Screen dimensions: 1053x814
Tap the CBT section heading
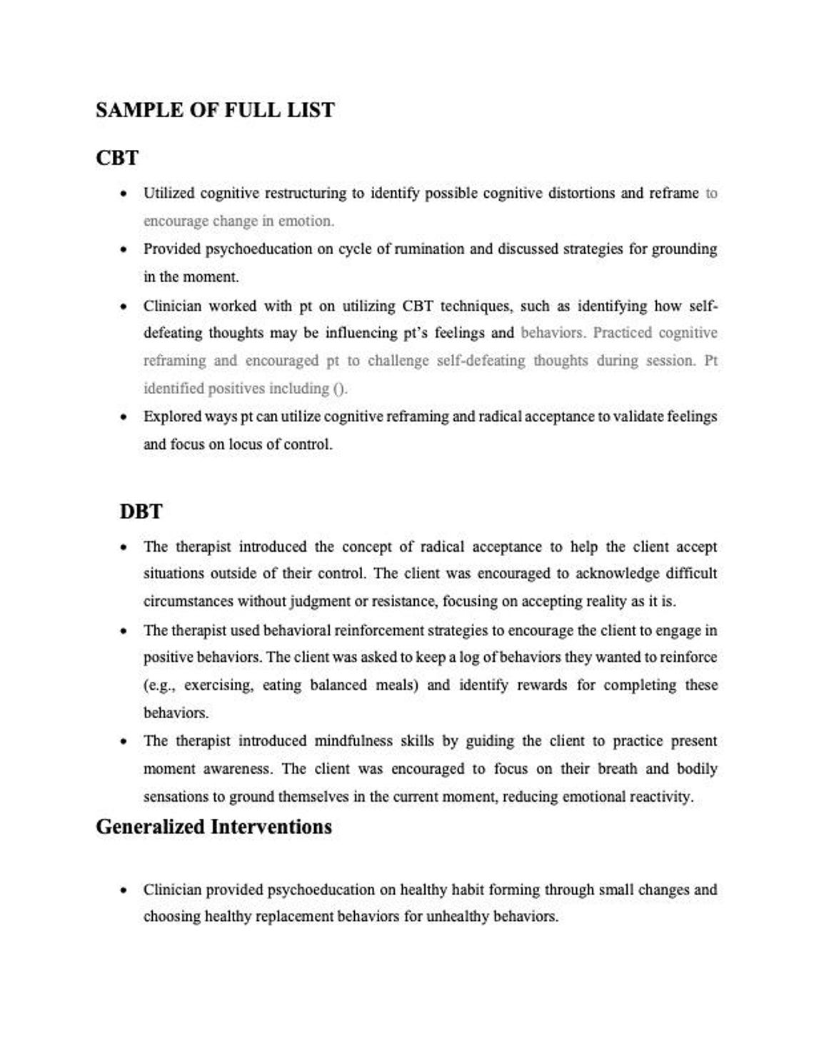(117, 157)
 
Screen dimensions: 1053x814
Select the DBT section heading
(141, 511)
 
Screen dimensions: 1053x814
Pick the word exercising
(218, 685)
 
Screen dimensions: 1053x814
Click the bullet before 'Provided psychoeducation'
(124, 250)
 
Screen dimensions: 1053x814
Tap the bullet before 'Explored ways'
(124, 417)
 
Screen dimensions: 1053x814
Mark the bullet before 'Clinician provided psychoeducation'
(124, 890)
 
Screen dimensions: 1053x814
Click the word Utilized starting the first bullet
(169, 193)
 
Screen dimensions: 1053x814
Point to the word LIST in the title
(312, 110)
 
